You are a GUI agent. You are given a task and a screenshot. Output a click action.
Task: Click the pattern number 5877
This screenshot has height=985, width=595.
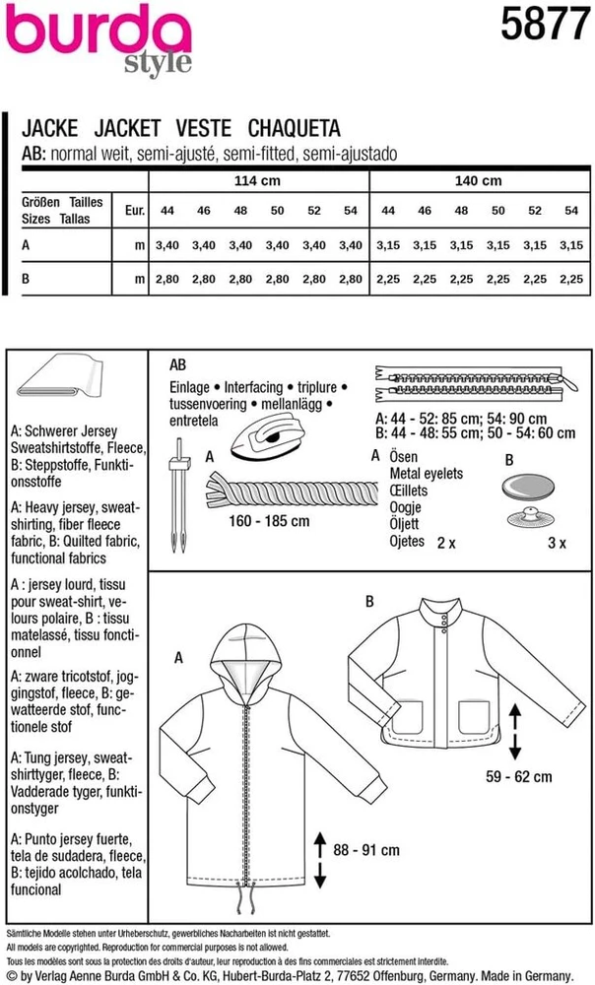[x=546, y=25]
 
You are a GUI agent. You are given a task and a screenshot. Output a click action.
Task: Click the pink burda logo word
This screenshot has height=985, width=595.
[x=99, y=32]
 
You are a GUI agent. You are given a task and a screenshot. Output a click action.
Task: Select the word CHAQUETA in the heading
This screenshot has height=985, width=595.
[x=294, y=128]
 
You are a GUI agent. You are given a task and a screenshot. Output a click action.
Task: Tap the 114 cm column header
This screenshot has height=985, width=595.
[x=257, y=181]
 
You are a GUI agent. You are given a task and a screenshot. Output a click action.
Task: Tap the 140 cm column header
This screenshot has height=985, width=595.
[x=478, y=181]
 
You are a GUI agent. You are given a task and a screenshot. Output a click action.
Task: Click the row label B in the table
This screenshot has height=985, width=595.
[x=26, y=279]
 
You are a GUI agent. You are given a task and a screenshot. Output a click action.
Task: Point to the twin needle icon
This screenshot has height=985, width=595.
[x=179, y=495]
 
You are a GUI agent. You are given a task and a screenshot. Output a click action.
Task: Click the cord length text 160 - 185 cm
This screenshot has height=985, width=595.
[x=269, y=521]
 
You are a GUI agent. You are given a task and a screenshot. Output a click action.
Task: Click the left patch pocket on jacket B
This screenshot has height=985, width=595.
[x=407, y=717]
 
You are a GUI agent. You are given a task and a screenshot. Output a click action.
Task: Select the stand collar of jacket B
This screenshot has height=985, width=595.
[x=440, y=613]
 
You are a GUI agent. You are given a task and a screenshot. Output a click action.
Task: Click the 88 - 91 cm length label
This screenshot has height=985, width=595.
[x=366, y=850]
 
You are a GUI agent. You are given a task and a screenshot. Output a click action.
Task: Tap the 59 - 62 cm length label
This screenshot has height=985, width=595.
[x=519, y=776]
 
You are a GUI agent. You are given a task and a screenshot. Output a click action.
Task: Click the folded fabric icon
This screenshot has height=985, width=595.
[x=60, y=377]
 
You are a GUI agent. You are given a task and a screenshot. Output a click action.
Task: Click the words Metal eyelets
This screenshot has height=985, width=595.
[x=426, y=474]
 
